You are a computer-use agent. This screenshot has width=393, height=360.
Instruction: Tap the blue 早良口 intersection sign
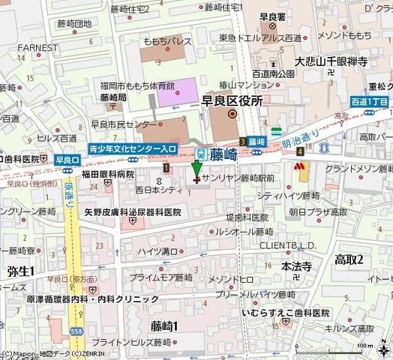pyautogui.click(x=65, y=159)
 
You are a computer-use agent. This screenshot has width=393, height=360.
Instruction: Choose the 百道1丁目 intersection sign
pyautogui.click(x=369, y=100)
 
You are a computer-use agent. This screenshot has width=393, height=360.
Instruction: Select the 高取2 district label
pyautogui.click(x=348, y=259)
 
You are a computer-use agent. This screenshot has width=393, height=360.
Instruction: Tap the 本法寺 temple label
pyautogui.click(x=296, y=265)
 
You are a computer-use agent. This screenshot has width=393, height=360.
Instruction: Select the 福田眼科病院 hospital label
pyautogui.click(x=107, y=175)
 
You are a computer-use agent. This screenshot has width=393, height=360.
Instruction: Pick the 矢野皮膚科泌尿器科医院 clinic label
pyautogui.click(x=132, y=212)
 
